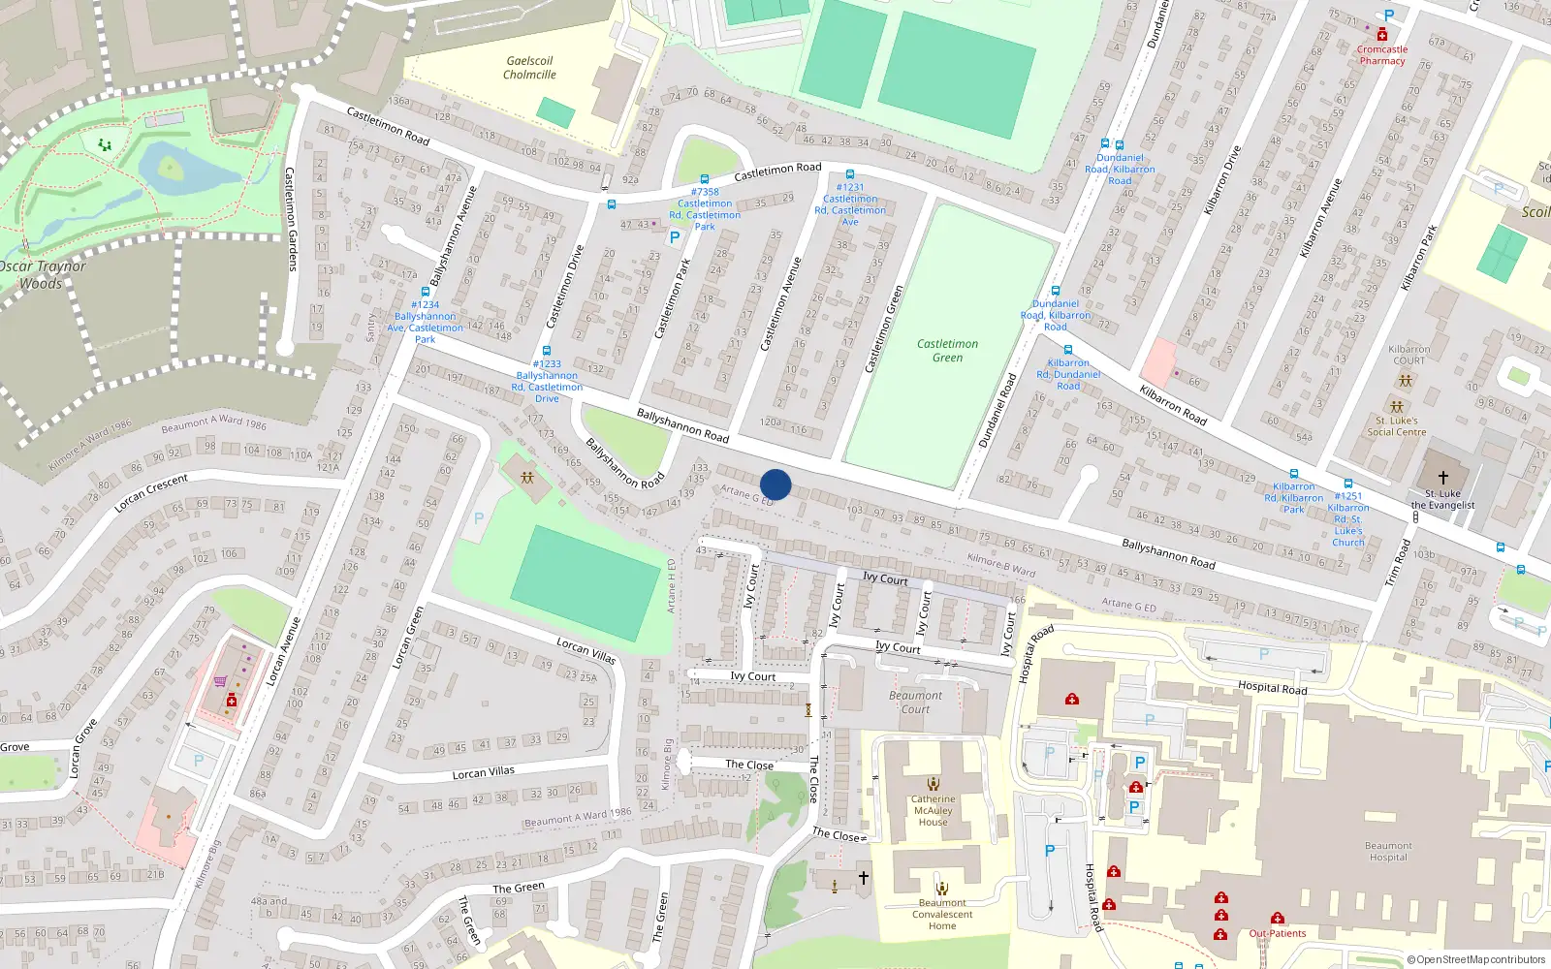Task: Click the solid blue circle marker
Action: [775, 484]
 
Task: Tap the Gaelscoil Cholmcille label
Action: [529, 68]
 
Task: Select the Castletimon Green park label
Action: [947, 351]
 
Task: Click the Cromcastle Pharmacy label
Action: [1382, 55]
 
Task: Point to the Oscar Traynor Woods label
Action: [43, 275]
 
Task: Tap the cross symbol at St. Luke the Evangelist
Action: [1442, 477]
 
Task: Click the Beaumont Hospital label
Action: [1388, 852]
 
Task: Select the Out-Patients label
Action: [1277, 934]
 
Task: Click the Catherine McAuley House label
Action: [933, 811]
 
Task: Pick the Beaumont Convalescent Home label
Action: [942, 915]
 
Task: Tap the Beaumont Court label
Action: [915, 703]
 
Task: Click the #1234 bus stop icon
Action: [426, 291]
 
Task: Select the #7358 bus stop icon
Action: [705, 179]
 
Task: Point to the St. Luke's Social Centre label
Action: [1396, 426]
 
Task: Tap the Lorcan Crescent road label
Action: [151, 493]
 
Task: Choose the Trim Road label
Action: [1398, 562]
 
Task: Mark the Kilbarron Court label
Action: [1409, 355]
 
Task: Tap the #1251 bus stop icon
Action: [1347, 483]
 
